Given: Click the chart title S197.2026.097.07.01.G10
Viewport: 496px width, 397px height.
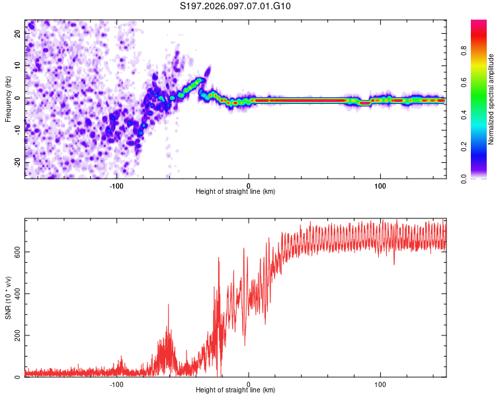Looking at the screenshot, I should click(x=235, y=7).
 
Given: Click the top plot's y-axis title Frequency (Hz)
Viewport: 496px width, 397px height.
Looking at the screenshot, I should click(x=8, y=99).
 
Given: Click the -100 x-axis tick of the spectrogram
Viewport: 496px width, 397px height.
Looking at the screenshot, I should click(x=116, y=185).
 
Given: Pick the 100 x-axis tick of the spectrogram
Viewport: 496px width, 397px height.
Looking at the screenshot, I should click(x=380, y=185).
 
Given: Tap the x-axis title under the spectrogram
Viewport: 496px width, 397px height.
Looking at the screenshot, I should click(x=235, y=192).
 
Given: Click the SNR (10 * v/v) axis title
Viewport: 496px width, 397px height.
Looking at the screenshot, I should click(x=8, y=298).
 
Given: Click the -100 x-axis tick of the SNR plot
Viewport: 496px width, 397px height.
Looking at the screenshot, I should click(x=116, y=384).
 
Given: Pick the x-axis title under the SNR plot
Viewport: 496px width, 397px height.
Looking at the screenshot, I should click(x=235, y=391).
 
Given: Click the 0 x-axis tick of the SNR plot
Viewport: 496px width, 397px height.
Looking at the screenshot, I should click(x=249, y=384).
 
